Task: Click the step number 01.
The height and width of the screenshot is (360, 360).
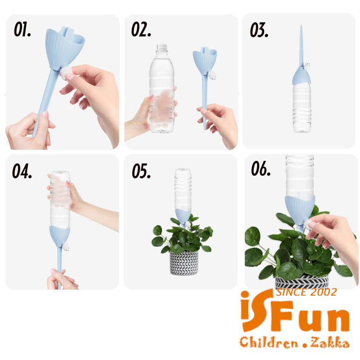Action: point(22,29)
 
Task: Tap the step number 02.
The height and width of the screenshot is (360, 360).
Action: point(141,29)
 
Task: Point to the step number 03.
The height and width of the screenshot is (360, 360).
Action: point(259,30)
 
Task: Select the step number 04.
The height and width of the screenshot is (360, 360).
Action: point(22,171)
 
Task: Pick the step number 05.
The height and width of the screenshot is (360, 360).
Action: point(141,171)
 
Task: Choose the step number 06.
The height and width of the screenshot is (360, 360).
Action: point(261,168)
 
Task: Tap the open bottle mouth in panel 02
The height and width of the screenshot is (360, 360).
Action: point(162,46)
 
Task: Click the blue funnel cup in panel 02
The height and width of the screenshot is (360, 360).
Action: point(205,60)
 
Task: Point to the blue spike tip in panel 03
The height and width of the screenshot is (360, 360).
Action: point(301,26)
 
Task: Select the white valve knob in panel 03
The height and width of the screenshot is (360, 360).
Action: point(307,66)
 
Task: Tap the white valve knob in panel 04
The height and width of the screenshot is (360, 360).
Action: point(66,247)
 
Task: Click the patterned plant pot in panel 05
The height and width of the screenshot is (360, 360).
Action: point(184,263)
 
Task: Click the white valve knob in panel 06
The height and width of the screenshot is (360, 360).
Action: point(307,224)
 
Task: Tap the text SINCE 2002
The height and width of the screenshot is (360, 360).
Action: point(307,292)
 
